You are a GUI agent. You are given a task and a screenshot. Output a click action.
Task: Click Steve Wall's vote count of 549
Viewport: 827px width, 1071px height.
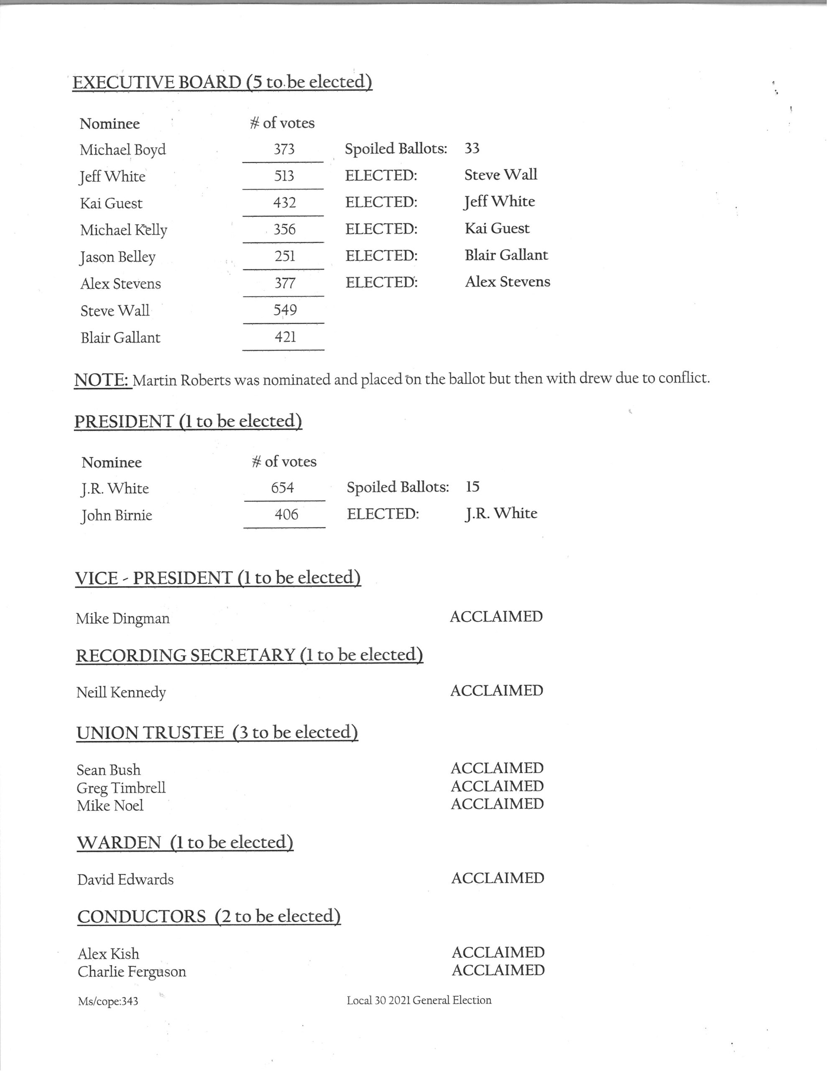285,310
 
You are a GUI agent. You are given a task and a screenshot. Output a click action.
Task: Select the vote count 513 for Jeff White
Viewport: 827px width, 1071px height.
284,176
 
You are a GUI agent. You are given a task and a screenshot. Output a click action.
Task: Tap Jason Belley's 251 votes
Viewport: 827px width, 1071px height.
285,256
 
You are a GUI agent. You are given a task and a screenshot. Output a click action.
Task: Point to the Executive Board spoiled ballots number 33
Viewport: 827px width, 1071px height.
472,148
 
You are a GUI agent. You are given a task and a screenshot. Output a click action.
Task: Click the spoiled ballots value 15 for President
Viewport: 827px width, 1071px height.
472,487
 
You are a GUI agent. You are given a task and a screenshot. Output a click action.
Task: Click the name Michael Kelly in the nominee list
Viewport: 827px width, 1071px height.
123,230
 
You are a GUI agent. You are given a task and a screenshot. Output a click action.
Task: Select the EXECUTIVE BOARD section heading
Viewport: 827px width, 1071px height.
222,82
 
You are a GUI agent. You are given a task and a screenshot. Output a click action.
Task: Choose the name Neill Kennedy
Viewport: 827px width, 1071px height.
121,692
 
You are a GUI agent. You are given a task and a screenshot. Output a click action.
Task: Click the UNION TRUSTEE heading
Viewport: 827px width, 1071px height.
217,732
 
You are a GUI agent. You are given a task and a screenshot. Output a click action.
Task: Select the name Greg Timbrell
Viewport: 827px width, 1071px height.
121,787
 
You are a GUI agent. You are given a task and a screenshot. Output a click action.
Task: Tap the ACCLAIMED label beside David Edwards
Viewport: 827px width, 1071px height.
498,878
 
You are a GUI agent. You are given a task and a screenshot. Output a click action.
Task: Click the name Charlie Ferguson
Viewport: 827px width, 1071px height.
132,971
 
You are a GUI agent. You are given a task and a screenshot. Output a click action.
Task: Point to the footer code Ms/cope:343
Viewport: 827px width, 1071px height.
108,1002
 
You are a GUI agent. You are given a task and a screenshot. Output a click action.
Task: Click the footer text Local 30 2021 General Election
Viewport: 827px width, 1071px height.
419,1000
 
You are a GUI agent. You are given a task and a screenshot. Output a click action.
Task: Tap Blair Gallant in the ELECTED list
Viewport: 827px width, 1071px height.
506,255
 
